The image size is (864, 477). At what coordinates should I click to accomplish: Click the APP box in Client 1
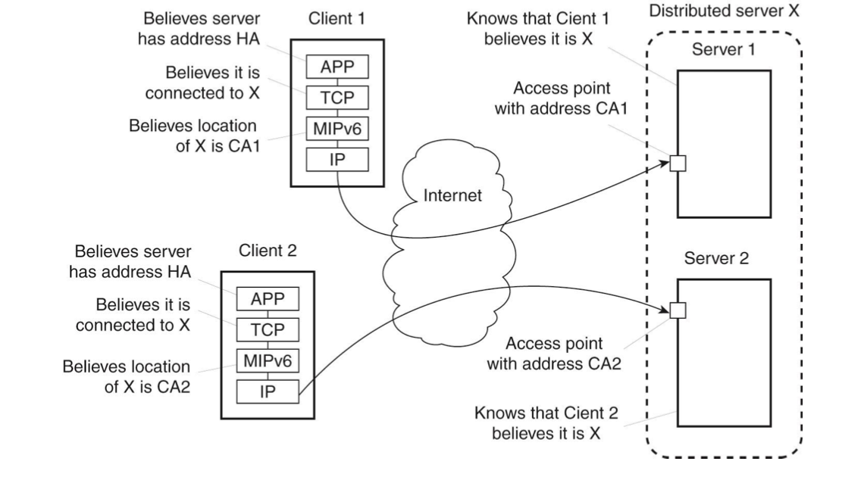(x=337, y=68)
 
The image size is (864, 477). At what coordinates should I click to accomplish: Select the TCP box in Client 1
(x=337, y=98)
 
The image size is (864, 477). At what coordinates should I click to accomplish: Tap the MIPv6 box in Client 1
(x=337, y=129)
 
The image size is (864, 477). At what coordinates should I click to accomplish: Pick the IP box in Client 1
(x=337, y=160)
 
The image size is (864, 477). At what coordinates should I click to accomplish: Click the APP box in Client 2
(x=268, y=299)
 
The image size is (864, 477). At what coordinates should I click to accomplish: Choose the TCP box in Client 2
(x=268, y=329)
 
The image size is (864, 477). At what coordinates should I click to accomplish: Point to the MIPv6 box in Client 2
(x=268, y=360)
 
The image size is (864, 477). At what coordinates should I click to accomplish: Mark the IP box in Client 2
(x=268, y=391)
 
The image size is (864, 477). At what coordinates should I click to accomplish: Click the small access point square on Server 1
(x=678, y=163)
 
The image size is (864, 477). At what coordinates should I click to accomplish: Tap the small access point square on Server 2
(x=678, y=310)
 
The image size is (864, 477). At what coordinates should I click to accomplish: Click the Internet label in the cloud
(x=452, y=196)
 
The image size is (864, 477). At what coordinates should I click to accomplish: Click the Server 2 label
(x=716, y=258)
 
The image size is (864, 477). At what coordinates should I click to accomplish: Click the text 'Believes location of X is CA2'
(x=127, y=376)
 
